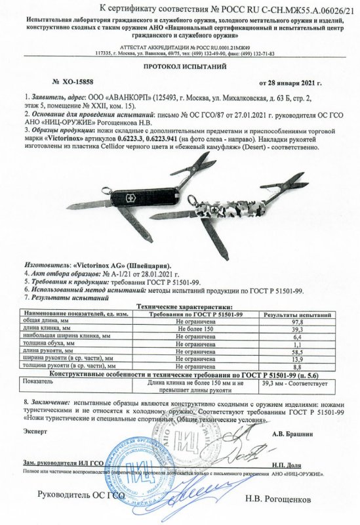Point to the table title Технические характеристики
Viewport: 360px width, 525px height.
tap(184, 307)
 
